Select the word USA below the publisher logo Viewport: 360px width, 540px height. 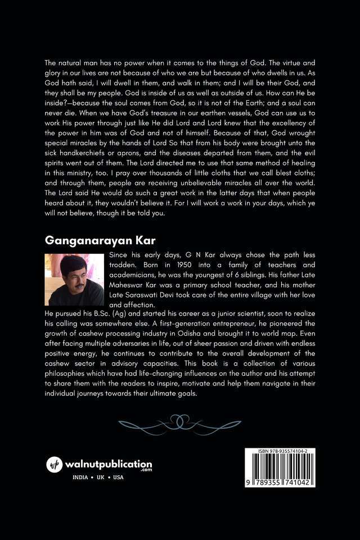click(x=118, y=478)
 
